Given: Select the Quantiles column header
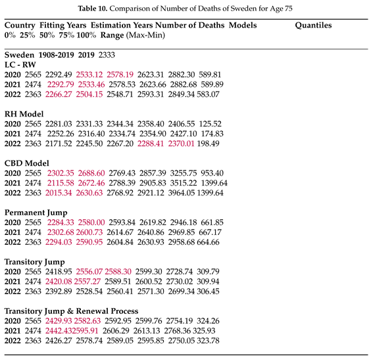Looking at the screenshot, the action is tap(313, 26).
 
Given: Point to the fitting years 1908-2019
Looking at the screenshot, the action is tap(56, 56).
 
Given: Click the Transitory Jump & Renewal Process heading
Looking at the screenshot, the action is tap(80, 311).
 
